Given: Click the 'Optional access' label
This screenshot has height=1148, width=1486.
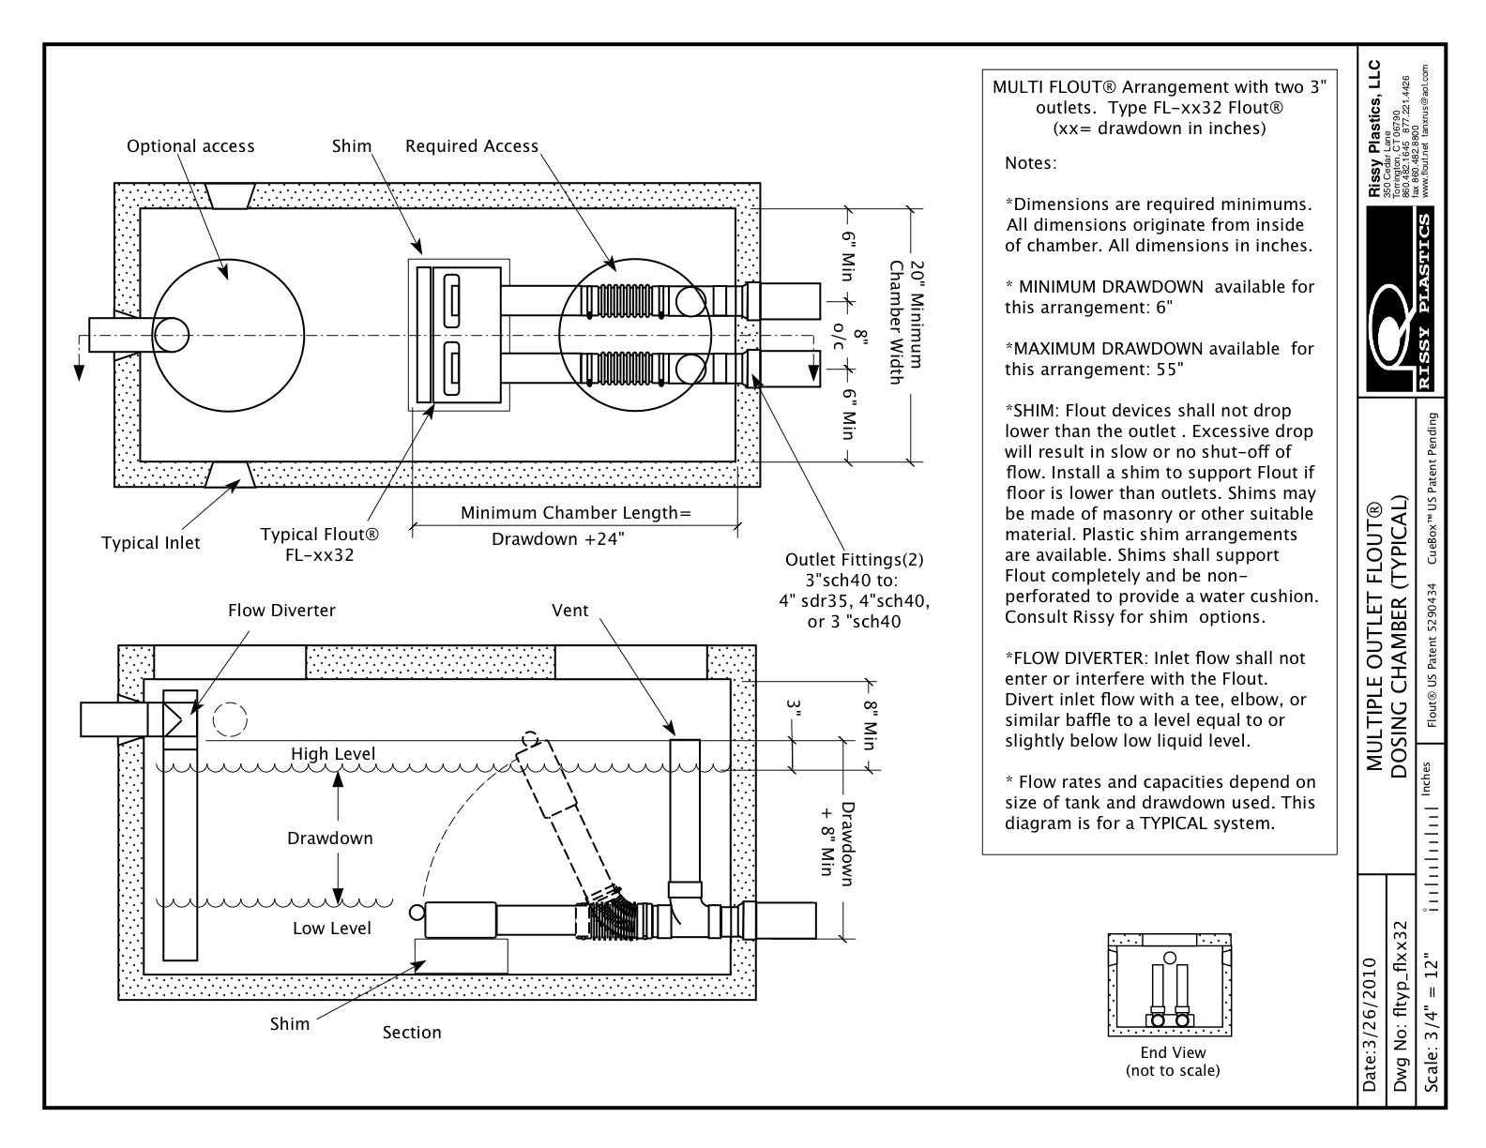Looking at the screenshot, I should [190, 146].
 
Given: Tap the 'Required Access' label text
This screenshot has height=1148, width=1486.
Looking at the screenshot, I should [472, 146].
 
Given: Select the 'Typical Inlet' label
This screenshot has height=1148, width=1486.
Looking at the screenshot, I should [150, 543].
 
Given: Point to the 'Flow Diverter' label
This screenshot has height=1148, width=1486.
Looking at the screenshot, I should [281, 611].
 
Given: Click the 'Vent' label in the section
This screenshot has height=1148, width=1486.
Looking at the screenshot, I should [570, 611].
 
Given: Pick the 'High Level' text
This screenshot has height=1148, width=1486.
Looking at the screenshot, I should [332, 754].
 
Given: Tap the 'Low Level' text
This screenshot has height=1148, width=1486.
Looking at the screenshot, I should [332, 929].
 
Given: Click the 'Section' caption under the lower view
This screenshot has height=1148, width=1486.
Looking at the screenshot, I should [412, 1033].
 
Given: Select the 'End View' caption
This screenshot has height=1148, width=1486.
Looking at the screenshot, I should [1173, 1052].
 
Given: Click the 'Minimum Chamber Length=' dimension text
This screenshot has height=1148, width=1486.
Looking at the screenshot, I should [575, 513].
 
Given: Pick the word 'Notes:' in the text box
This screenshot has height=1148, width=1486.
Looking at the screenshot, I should [1030, 163].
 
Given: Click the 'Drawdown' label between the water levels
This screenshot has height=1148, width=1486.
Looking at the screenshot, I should [330, 838].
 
